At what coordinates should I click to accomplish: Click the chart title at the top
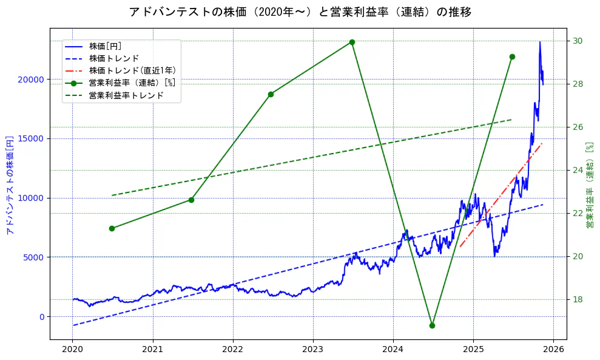(x=300, y=12)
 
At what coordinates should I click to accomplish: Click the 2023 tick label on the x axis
(x=312, y=350)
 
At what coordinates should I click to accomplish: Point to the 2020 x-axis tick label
(x=73, y=350)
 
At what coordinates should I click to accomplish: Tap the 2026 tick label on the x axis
(x=553, y=350)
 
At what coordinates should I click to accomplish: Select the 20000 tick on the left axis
(x=30, y=80)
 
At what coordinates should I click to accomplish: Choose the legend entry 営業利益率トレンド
(x=126, y=95)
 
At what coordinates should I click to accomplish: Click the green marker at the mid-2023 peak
(x=352, y=42)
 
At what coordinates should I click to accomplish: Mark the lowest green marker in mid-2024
(x=432, y=325)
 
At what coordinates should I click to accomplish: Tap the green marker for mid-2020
(x=112, y=228)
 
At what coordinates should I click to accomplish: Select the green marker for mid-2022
(x=271, y=94)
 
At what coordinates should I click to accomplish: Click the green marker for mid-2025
(x=512, y=56)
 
